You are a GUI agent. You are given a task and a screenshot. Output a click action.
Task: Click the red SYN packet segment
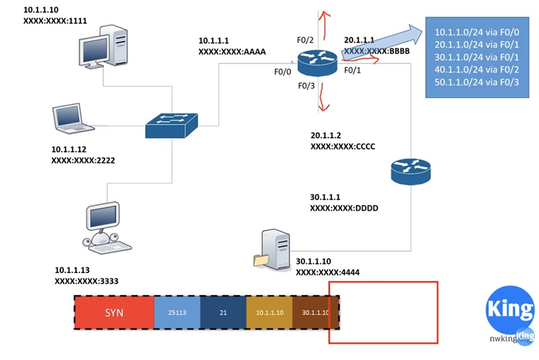pos(114,313)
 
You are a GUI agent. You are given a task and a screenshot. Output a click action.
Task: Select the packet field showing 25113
pos(177,313)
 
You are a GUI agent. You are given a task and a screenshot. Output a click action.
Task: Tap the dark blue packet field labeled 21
pos(223,313)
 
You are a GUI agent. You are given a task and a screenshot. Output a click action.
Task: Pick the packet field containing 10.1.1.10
pos(269,313)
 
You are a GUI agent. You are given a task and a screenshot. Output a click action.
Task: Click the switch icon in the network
pos(172,126)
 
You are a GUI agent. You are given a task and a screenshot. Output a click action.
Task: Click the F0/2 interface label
pos(305,39)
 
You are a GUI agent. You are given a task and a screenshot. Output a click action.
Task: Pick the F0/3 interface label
pos(306,86)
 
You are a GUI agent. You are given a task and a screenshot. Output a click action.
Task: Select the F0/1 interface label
pos(353,71)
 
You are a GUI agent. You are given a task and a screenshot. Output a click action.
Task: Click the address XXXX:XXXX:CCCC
pos(342,146)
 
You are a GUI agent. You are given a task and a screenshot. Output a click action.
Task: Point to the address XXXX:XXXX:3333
pos(87,281)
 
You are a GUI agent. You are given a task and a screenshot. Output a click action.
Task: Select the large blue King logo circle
pos(510,309)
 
